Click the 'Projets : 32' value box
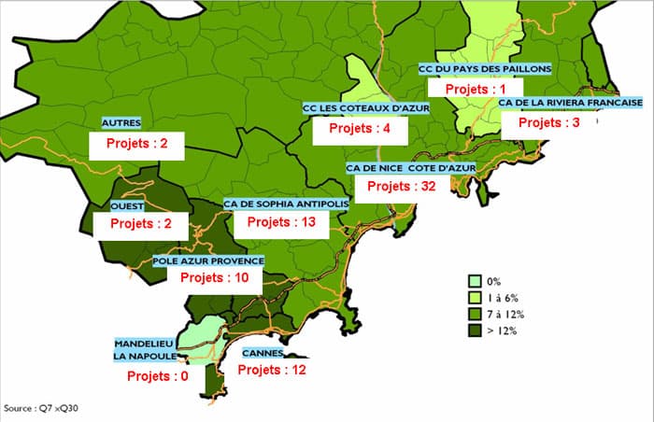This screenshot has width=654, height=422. click(403, 187)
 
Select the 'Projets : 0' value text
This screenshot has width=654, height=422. click(152, 376)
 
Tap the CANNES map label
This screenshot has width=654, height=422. click(264, 354)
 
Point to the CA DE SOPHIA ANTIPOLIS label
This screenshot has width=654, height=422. click(286, 204)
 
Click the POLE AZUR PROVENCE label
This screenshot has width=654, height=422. click(209, 261)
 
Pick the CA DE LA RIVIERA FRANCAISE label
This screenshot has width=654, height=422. click(570, 103)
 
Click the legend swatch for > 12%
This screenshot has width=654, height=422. click(476, 330)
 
